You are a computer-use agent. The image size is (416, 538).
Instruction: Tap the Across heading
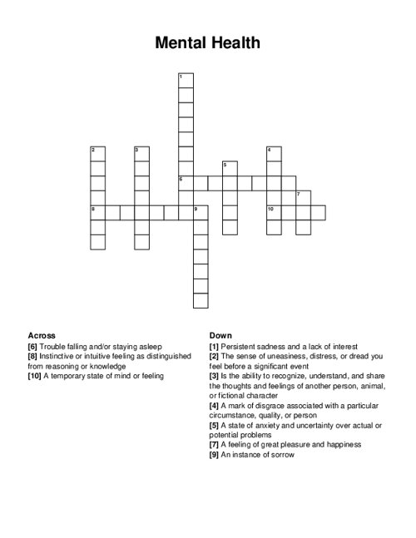point(42,335)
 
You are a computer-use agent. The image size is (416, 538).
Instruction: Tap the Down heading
point(220,335)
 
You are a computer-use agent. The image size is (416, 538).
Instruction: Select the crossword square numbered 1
point(186,80)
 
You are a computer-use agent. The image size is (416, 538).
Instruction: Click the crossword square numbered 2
point(97,154)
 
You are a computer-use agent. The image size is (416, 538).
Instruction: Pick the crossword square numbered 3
point(141,154)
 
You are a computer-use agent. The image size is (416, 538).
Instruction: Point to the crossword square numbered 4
point(274,154)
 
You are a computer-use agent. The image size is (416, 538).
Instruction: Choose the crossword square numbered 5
point(230,169)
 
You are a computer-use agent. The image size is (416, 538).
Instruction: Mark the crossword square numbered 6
point(186,183)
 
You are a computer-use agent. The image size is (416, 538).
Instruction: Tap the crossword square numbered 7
point(303,198)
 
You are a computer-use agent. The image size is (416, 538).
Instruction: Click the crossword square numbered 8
point(97,213)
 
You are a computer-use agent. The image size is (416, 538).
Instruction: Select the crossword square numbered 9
point(201,213)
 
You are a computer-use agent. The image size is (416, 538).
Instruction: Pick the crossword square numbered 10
point(274,213)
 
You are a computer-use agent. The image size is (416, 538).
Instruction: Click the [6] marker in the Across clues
point(33,346)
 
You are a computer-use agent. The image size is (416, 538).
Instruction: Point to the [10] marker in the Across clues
point(34,376)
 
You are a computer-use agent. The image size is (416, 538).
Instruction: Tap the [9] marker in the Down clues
point(215,455)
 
